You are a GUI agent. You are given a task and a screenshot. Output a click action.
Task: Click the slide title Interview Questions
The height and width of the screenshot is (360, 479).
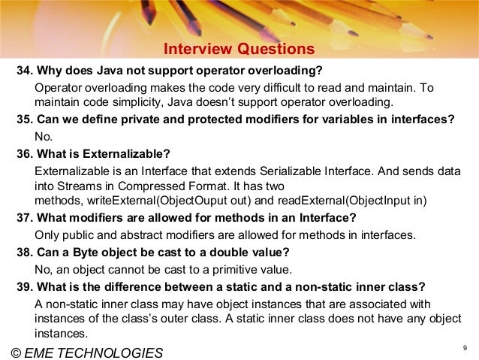[x=239, y=50]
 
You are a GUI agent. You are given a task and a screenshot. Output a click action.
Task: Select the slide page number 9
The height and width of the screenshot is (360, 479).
[x=465, y=346]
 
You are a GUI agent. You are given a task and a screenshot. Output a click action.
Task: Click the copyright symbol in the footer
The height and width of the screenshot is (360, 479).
[x=14, y=352]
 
